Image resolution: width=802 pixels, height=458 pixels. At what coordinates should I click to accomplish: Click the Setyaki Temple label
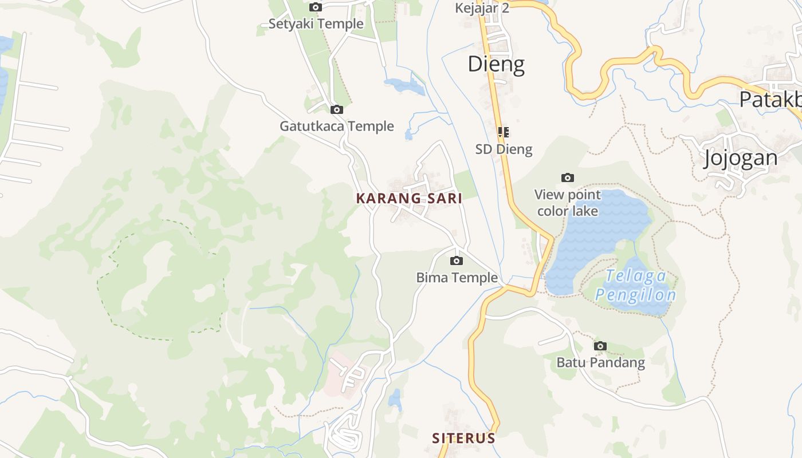316,24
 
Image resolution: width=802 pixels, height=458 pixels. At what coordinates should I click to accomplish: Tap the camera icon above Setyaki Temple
316,7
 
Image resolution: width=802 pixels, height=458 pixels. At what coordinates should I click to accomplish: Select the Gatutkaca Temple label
337,126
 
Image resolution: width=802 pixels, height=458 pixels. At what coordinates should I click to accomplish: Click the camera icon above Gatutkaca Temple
337,109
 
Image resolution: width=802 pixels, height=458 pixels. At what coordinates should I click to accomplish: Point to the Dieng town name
496,64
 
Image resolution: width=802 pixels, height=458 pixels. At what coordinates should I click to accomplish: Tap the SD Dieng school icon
504,132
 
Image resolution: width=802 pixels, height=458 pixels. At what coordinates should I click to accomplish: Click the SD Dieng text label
504,149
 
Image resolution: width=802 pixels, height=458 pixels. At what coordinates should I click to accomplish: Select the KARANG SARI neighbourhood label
409,199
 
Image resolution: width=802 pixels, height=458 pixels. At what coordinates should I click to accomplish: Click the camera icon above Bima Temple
457,261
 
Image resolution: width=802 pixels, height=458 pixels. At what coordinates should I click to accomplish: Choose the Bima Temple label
457,278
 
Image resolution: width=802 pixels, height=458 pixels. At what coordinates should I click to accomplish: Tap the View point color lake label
568,203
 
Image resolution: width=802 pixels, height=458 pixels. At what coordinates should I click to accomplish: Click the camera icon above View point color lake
568,177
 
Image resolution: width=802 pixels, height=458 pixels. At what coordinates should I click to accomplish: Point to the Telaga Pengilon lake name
636,286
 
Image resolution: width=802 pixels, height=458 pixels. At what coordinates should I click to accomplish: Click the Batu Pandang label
600,362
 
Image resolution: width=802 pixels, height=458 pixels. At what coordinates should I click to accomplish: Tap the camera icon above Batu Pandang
600,346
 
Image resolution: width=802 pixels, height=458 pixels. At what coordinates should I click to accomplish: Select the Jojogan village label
741,157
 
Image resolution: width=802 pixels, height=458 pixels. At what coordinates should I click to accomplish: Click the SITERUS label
463,439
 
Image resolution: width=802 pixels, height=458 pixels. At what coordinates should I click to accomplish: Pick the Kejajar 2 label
482,8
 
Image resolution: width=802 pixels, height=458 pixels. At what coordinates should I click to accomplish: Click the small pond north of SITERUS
395,399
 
